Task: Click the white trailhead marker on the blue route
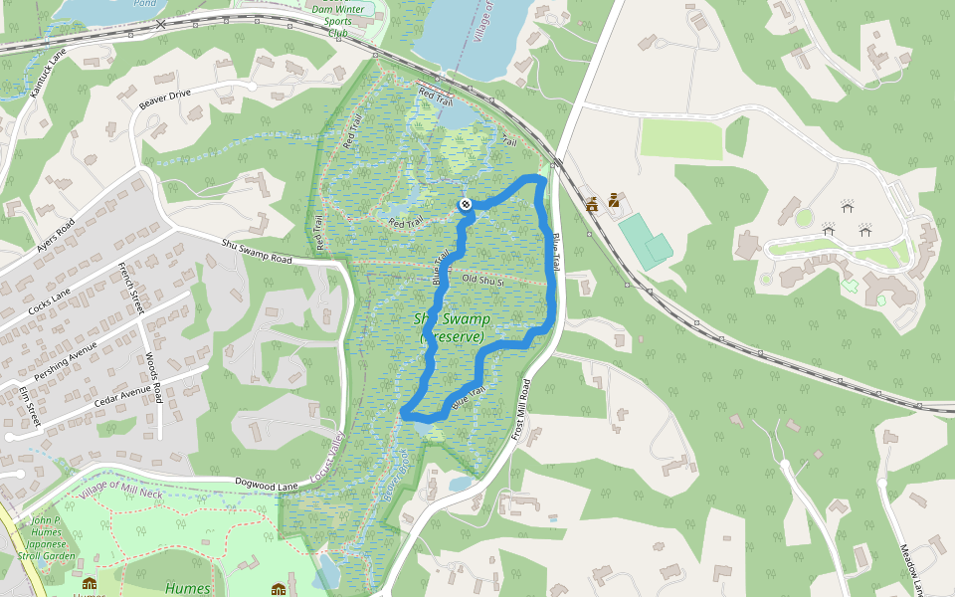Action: coord(465,204)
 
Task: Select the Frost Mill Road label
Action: coord(524,408)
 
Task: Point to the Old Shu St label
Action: coord(485,281)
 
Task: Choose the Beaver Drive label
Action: coord(164,97)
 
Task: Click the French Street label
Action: coord(131,289)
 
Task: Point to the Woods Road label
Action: coord(152,377)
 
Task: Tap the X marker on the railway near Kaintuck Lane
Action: coord(161,23)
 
